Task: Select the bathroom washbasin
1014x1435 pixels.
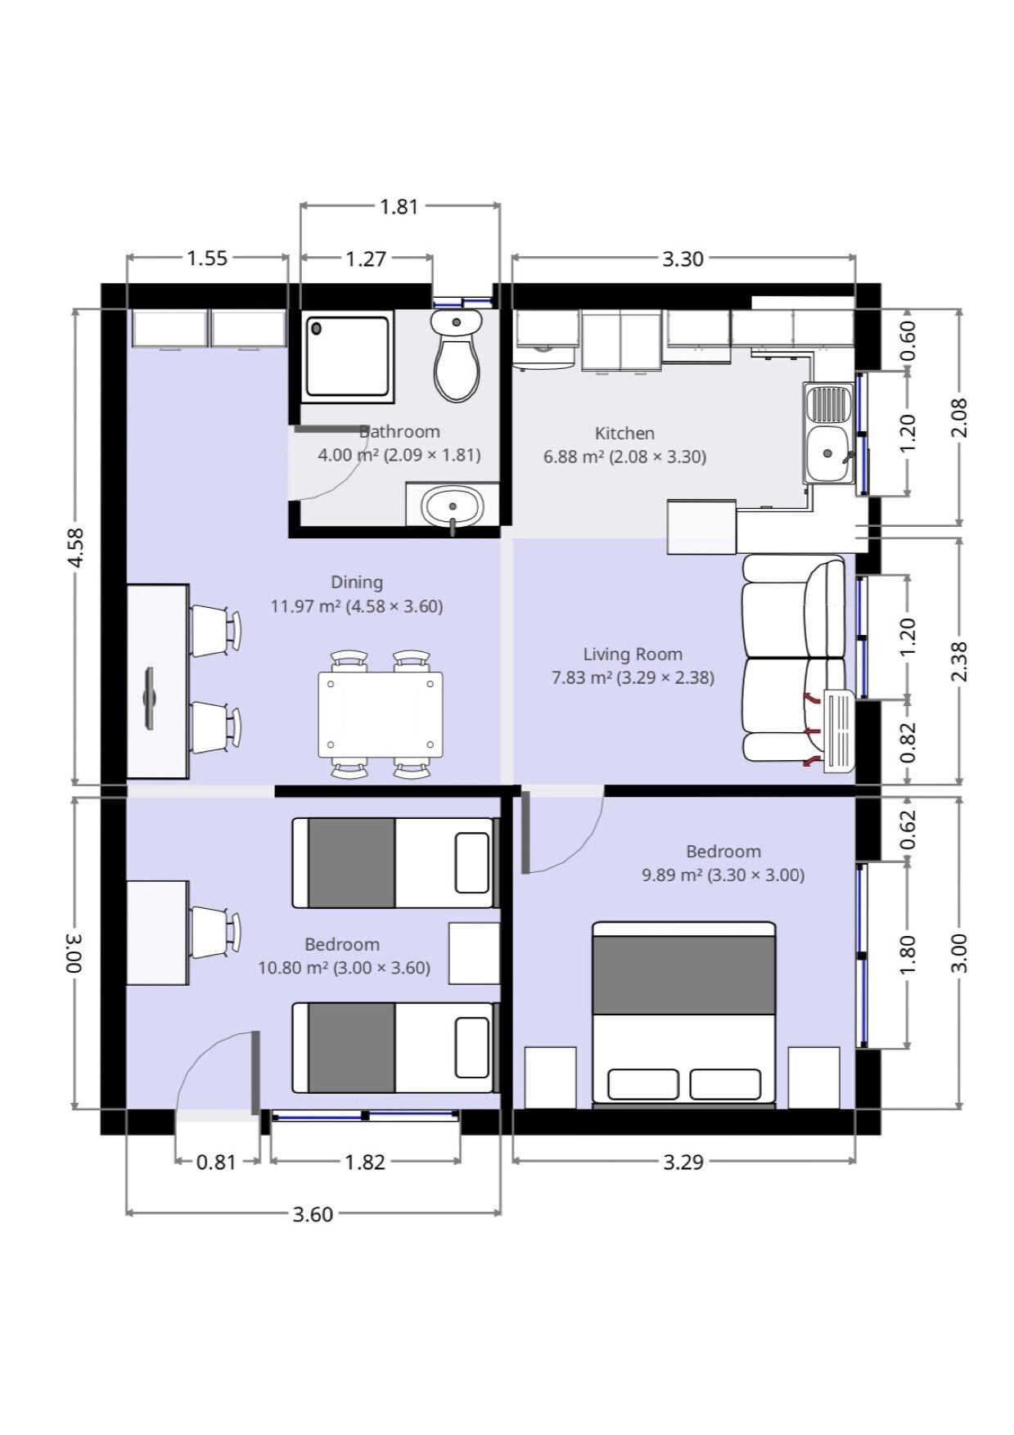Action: [x=452, y=505]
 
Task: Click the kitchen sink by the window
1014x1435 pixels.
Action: [x=828, y=434]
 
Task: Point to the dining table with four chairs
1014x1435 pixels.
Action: [x=381, y=714]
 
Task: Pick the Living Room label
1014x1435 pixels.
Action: [x=633, y=654]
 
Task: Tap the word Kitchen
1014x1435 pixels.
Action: [x=624, y=433]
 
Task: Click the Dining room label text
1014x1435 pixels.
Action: [x=357, y=582]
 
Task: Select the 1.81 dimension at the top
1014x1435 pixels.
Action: [x=399, y=206]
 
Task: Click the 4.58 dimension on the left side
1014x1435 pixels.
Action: [x=75, y=547]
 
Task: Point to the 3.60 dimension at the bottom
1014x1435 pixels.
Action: [x=313, y=1213]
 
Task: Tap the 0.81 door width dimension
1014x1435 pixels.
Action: [x=216, y=1162]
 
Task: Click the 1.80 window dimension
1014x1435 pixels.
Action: [x=908, y=955]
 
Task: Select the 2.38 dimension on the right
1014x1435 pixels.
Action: [x=961, y=660]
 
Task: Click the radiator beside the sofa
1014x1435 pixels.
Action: [x=839, y=731]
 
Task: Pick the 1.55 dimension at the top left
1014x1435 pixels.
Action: [x=207, y=259]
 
